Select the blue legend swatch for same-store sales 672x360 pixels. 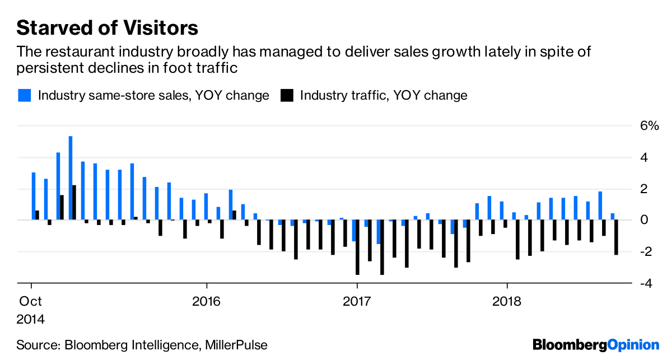pos(24,95)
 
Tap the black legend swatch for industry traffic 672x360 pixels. pos(287,95)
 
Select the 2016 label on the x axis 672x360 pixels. pos(207,301)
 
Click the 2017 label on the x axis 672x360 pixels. pos(357,301)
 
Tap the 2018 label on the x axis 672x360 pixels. pos(507,301)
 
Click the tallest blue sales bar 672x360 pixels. pos(71,178)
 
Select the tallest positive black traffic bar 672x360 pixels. pos(74,202)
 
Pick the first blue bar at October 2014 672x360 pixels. pos(34,196)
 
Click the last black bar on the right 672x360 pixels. pos(616,237)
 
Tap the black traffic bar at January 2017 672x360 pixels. pos(357,247)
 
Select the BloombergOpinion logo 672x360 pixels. pos(596,344)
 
